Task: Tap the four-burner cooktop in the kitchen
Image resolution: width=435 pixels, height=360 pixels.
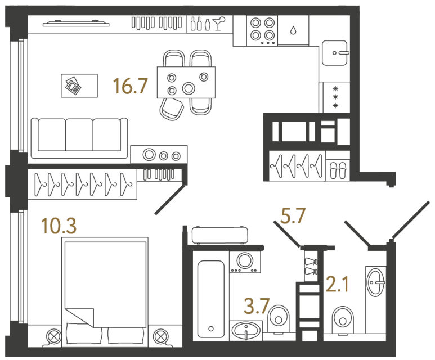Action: pyautogui.click(x=262, y=29)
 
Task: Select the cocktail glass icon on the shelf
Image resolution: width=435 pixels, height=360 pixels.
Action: pyautogui.click(x=220, y=23)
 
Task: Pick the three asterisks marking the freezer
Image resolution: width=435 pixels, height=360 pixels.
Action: pyautogui.click(x=335, y=97)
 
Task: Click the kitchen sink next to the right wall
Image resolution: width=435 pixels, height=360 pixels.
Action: pyautogui.click(x=336, y=53)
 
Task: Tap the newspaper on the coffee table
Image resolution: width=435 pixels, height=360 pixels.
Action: pyautogui.click(x=72, y=85)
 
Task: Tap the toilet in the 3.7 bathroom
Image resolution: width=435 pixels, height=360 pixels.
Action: pyautogui.click(x=279, y=318)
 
